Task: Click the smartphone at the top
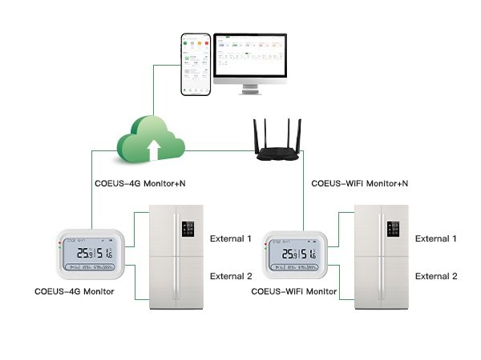click(195, 64)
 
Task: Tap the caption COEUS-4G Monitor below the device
click(75, 292)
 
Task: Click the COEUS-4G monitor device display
click(91, 254)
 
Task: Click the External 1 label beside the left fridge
click(231, 238)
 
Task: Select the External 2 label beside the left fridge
click(231, 276)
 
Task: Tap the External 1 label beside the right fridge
click(436, 238)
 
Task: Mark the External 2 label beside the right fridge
click(436, 276)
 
